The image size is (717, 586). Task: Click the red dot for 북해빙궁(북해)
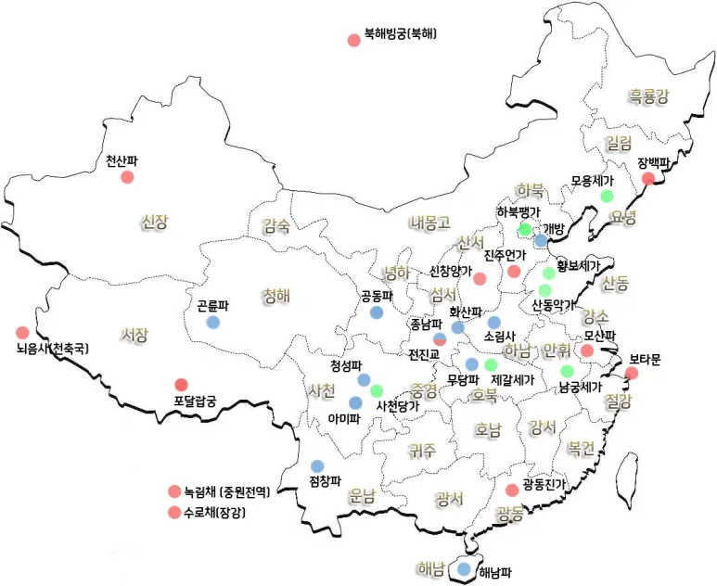click(x=353, y=40)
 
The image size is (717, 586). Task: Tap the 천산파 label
click(x=122, y=160)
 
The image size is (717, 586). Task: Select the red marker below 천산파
click(x=127, y=177)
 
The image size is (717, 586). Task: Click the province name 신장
click(x=155, y=222)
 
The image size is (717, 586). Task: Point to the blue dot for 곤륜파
click(x=212, y=323)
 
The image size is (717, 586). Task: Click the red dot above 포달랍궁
click(x=182, y=385)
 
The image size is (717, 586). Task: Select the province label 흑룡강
click(x=648, y=95)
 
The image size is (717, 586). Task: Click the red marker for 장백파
click(x=648, y=179)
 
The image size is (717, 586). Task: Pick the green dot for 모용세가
click(x=607, y=196)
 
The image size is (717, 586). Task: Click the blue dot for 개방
click(x=541, y=241)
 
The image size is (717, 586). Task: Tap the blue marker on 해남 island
click(x=463, y=569)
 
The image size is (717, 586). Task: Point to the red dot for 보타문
click(x=632, y=374)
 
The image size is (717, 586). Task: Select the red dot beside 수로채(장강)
click(x=173, y=513)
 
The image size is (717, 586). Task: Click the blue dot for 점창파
click(x=317, y=465)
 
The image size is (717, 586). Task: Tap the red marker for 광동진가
click(x=512, y=490)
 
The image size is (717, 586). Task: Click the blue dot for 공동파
click(x=377, y=313)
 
